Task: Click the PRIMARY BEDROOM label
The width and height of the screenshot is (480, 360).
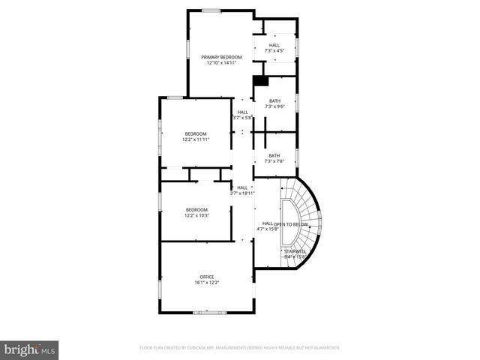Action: click(x=221, y=57)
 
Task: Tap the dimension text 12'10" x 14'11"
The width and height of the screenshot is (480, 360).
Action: click(x=221, y=63)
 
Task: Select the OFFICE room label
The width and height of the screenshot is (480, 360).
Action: click(x=207, y=277)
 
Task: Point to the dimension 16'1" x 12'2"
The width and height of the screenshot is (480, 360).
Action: click(x=207, y=283)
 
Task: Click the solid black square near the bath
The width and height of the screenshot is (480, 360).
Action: click(x=260, y=81)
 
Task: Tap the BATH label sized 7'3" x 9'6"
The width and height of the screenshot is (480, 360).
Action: click(x=275, y=100)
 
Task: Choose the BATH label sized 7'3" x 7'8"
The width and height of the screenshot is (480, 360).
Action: click(x=275, y=155)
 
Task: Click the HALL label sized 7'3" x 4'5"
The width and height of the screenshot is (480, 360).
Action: click(x=275, y=45)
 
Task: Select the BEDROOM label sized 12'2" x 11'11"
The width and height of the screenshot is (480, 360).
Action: click(x=196, y=133)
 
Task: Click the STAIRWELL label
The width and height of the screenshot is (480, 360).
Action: click(x=295, y=251)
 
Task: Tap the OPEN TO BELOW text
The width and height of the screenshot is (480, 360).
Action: click(x=292, y=223)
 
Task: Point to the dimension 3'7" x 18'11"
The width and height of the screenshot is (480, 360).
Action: click(x=242, y=194)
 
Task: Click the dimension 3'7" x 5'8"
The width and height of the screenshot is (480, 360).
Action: click(x=242, y=118)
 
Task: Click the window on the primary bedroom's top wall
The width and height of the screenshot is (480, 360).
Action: click(x=211, y=10)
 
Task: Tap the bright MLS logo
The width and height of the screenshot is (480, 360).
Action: click(x=30, y=349)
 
